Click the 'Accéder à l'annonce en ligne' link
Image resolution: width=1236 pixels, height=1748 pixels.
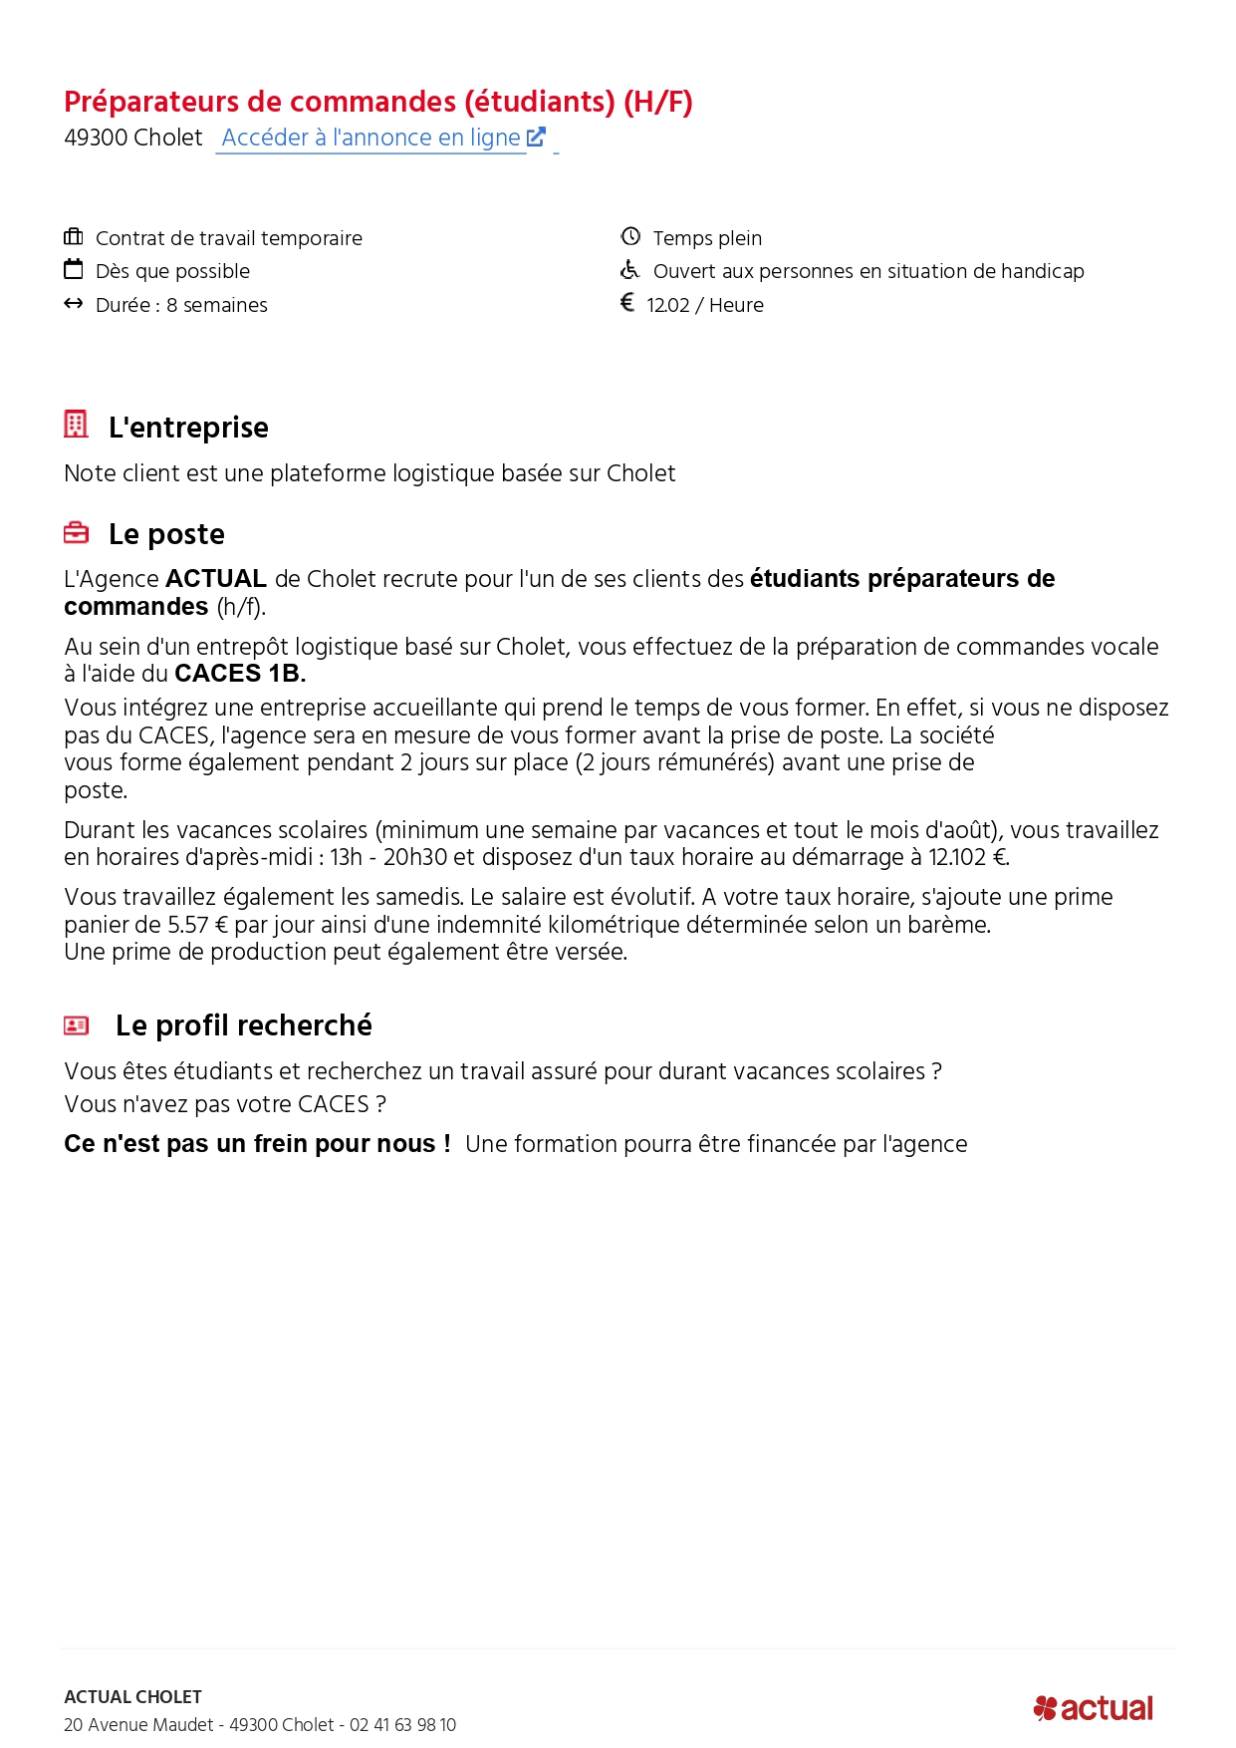pyautogui.click(x=371, y=138)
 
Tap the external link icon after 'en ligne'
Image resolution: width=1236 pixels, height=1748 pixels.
pyautogui.click(x=536, y=137)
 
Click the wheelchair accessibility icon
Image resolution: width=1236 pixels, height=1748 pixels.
pyautogui.click(x=629, y=270)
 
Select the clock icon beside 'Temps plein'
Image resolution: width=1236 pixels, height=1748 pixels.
pyautogui.click(x=630, y=236)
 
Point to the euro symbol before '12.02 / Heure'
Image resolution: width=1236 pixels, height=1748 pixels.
pyautogui.click(x=627, y=302)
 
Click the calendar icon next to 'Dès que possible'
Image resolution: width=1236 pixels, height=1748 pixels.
pyautogui.click(x=74, y=269)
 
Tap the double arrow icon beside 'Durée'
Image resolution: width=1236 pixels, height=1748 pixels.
pyautogui.click(x=74, y=303)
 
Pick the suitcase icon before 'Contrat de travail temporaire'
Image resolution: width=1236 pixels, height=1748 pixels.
pyautogui.click(x=74, y=236)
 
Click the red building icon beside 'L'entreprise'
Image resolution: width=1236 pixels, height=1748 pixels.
pyautogui.click(x=76, y=424)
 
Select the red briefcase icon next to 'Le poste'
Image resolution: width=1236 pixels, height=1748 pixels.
pyautogui.click(x=76, y=533)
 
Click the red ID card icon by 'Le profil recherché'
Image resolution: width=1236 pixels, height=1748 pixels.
pyautogui.click(x=77, y=1024)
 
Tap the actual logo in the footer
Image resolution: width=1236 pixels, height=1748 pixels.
pyautogui.click(x=1094, y=1708)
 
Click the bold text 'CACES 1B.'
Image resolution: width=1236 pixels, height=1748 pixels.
pyautogui.click(x=240, y=674)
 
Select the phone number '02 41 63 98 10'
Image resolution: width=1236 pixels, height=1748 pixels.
pyautogui.click(x=402, y=1725)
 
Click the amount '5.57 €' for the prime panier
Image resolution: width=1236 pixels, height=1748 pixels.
pyautogui.click(x=198, y=925)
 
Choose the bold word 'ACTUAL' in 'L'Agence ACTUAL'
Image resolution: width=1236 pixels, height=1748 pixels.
pyautogui.click(x=216, y=579)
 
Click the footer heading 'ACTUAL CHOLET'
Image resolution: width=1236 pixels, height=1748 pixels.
pyautogui.click(x=132, y=1697)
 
